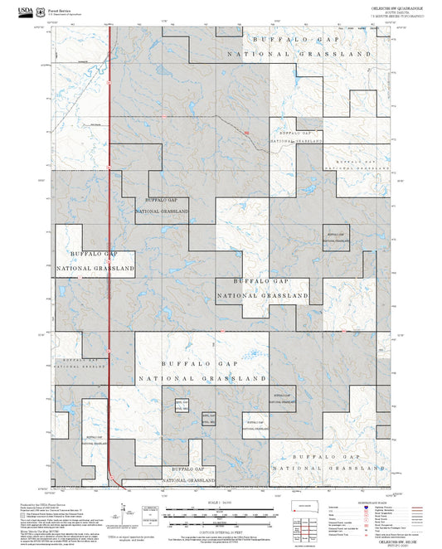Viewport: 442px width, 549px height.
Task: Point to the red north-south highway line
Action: pyautogui.click(x=109, y=249)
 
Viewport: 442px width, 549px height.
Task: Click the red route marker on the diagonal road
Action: pyautogui.click(x=246, y=133)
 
